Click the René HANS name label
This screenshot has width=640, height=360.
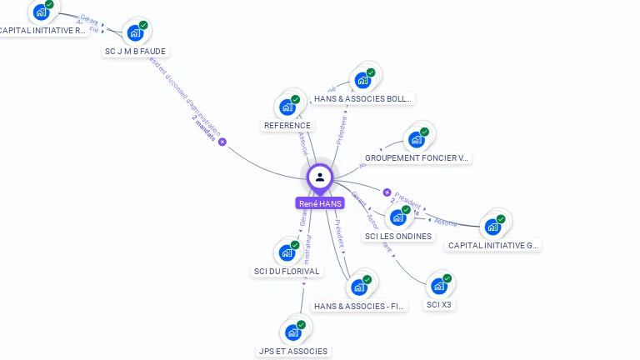(x=320, y=203)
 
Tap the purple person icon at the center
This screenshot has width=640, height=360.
(x=320, y=177)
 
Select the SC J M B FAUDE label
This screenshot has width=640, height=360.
(x=135, y=51)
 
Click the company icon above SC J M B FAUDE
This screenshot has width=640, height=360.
(x=134, y=33)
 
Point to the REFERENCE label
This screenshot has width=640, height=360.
(x=287, y=126)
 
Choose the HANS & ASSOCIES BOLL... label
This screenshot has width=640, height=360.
(x=362, y=98)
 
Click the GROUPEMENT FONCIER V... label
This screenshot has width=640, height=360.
(x=417, y=157)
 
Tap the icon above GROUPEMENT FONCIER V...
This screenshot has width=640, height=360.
(x=416, y=139)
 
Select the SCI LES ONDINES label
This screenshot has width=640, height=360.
(x=398, y=236)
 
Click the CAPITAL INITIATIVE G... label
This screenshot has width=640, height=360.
(x=493, y=245)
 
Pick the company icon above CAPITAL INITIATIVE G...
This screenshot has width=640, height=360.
(x=493, y=227)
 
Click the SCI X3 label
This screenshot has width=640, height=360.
(x=439, y=304)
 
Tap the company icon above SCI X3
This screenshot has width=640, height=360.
(x=439, y=287)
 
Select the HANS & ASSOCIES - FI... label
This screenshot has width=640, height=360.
(x=360, y=306)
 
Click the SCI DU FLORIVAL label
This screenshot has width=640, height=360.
(x=287, y=271)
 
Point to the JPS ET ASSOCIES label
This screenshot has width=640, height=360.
(x=292, y=351)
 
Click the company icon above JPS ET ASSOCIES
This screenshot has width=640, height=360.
(x=292, y=332)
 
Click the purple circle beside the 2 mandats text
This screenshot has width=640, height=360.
(x=222, y=142)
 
